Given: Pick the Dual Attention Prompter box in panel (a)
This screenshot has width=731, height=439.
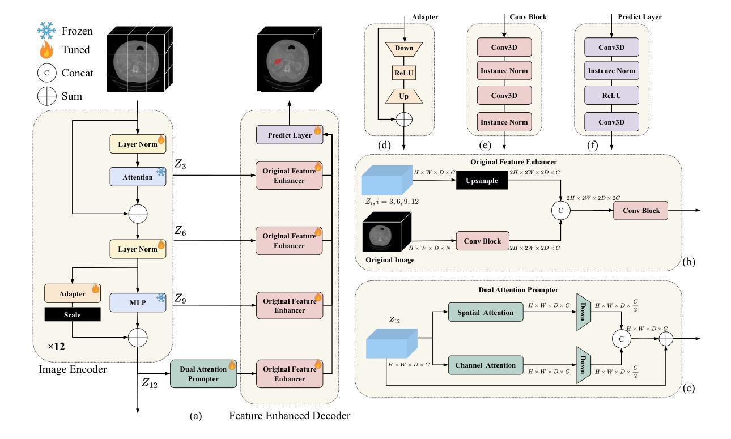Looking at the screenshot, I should point(203,374).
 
